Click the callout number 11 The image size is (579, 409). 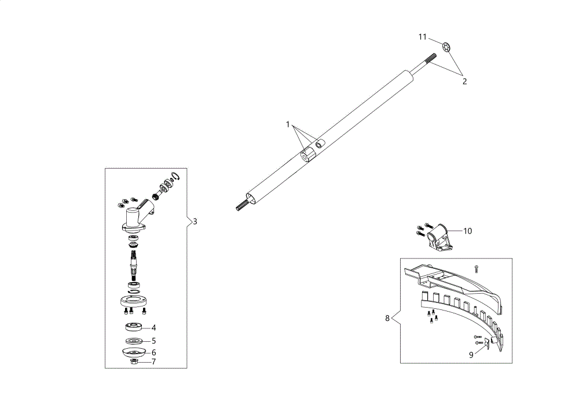[x=423, y=37]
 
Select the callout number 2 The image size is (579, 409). [x=464, y=82]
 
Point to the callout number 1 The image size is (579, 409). [x=288, y=125]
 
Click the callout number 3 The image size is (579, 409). [x=195, y=222]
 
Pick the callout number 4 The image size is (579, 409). [x=153, y=328]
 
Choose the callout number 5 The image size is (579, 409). [x=153, y=341]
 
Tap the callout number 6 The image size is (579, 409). [x=153, y=353]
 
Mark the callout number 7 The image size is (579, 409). [x=153, y=361]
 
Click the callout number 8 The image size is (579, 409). [x=387, y=318]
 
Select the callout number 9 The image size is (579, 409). [x=471, y=355]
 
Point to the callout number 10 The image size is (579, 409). [x=467, y=231]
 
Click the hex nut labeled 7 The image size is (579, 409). [x=135, y=361]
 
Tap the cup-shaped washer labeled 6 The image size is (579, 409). [x=133, y=352]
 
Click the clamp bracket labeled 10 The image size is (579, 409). [x=439, y=237]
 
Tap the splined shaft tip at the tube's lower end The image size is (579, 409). [x=242, y=206]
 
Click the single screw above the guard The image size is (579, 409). [x=477, y=269]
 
